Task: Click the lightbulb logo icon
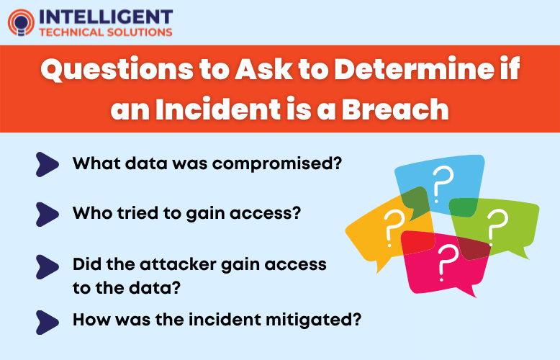(x=21, y=22)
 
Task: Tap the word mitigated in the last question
(x=302, y=317)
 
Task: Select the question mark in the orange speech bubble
(x=392, y=225)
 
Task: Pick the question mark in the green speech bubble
(x=494, y=223)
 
